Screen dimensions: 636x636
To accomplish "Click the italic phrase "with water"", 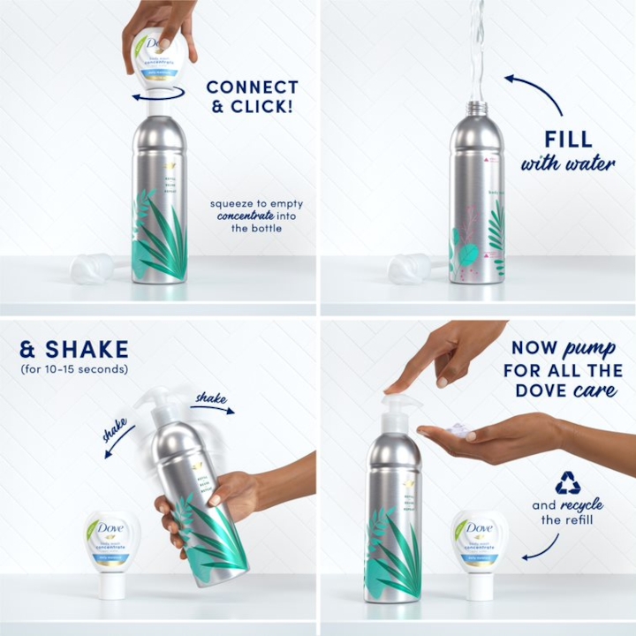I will tap(567, 164).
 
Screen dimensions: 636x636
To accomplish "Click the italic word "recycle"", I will tap(582, 505).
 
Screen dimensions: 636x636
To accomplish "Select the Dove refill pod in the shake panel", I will tap(111, 552).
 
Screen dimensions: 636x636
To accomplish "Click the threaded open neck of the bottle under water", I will tap(477, 108).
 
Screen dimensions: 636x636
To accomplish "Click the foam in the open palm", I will tap(458, 430).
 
